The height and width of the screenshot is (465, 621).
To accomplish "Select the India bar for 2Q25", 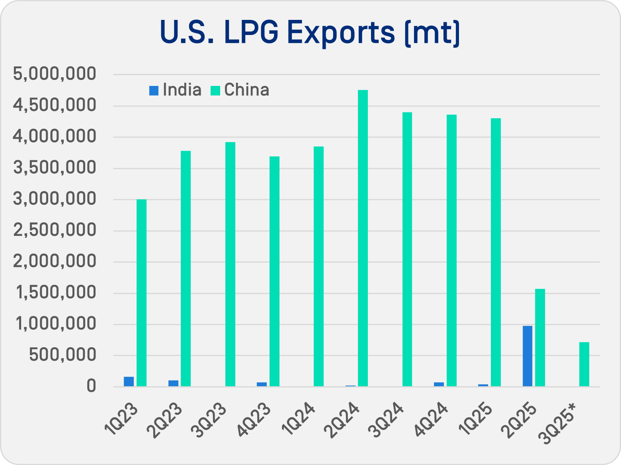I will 527,356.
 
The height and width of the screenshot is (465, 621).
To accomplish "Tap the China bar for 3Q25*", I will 584,364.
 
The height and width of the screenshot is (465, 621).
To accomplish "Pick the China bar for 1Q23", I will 141,293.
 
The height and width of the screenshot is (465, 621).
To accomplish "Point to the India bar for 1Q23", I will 129,381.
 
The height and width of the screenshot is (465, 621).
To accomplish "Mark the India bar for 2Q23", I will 173,383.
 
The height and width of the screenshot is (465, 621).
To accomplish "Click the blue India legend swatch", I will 154,91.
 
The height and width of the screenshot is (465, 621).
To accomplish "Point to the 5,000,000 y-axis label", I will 55,74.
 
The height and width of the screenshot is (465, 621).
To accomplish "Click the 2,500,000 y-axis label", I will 55,230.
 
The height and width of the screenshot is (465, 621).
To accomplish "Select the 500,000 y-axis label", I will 62,355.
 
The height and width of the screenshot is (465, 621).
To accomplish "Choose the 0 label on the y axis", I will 91,386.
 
